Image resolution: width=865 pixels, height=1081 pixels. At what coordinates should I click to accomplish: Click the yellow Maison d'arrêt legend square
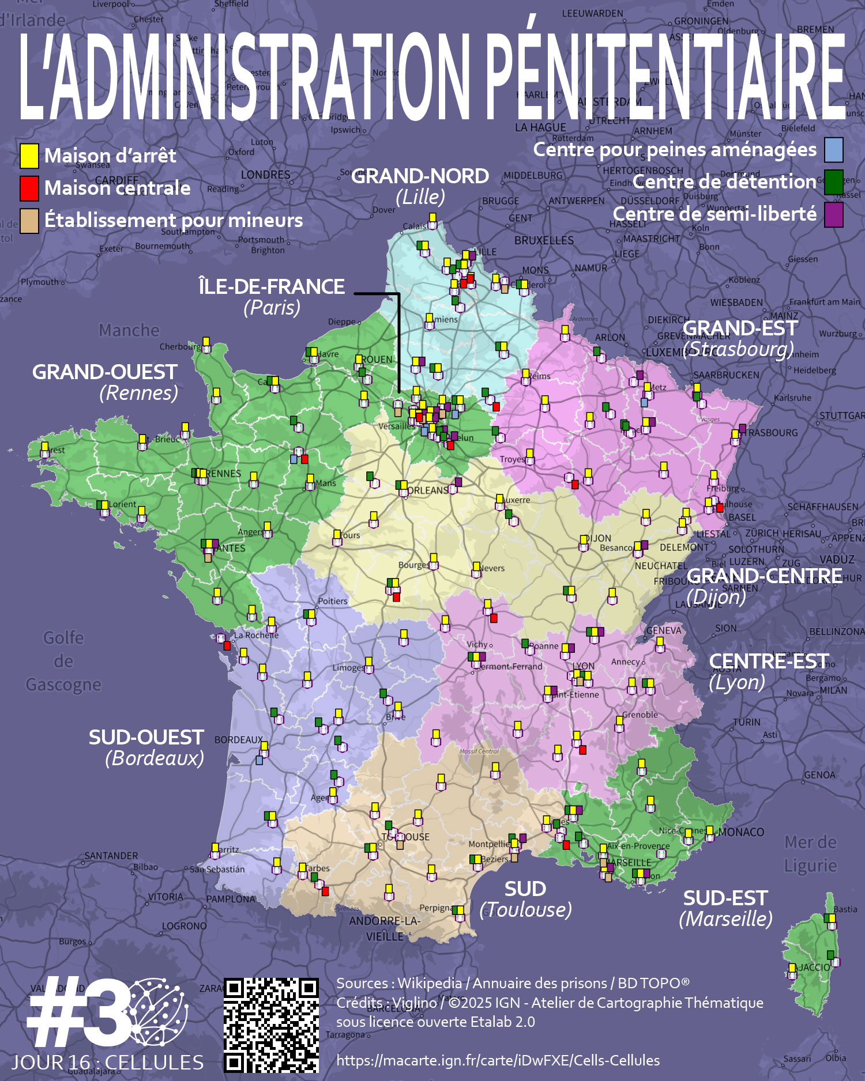[29, 156]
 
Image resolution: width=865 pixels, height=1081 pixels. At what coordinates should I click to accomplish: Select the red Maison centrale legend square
[29, 188]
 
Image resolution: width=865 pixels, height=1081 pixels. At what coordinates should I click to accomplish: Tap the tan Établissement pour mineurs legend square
[29, 220]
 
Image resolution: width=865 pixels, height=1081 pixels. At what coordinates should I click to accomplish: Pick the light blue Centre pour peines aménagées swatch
[833, 150]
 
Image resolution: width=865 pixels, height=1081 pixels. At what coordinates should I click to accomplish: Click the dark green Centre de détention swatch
[833, 182]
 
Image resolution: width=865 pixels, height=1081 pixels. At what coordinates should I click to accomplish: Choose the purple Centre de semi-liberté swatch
[833, 214]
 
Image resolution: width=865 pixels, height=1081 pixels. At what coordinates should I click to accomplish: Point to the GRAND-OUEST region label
[104, 372]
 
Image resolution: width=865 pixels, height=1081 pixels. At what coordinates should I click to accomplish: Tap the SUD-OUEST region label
[146, 738]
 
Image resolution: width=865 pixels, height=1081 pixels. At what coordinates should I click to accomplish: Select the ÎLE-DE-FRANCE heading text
[271, 286]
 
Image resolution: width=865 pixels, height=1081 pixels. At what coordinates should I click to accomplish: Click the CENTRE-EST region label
[768, 661]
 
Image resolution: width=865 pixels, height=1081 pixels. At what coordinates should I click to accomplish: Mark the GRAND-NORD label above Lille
[420, 176]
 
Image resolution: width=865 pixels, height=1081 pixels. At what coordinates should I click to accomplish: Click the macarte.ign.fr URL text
[498, 1060]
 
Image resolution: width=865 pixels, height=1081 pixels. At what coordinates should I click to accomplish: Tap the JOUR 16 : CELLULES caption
[108, 1063]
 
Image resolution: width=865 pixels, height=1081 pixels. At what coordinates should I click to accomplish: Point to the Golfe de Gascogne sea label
[63, 661]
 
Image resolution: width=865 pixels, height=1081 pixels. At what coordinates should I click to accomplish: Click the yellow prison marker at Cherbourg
[206, 342]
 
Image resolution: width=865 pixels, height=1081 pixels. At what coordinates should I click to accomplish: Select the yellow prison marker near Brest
[45, 447]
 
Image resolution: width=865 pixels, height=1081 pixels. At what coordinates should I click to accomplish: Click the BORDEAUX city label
[238, 740]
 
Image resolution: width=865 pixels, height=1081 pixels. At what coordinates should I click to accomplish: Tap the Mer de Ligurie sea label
[810, 853]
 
